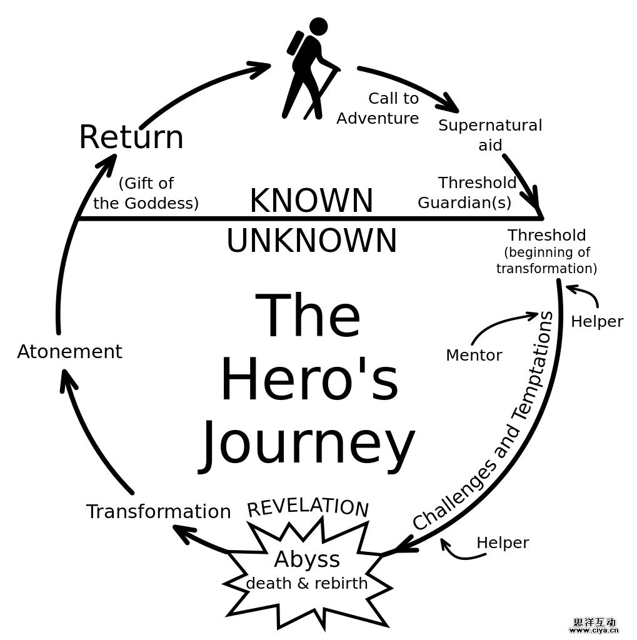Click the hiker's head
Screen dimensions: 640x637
tap(318, 26)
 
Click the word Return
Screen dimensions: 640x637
tap(131, 137)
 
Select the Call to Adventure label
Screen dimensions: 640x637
tap(378, 108)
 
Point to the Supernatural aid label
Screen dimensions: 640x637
tap(490, 134)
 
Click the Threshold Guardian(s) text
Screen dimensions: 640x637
tap(468, 192)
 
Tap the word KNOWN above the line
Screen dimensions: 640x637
tap(311, 201)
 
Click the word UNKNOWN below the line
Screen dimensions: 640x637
tap(311, 241)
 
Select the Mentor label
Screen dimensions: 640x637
tap(474, 356)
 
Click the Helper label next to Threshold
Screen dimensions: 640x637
tap(597, 322)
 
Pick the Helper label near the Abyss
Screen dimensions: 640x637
tap(503, 543)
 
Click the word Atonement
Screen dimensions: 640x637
tap(69, 352)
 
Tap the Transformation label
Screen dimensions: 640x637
tap(159, 512)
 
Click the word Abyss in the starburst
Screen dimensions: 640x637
tap(307, 559)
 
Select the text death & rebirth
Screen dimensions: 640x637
tap(307, 583)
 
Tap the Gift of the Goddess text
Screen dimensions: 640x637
tap(146, 193)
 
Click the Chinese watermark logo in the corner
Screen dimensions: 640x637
tap(594, 626)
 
